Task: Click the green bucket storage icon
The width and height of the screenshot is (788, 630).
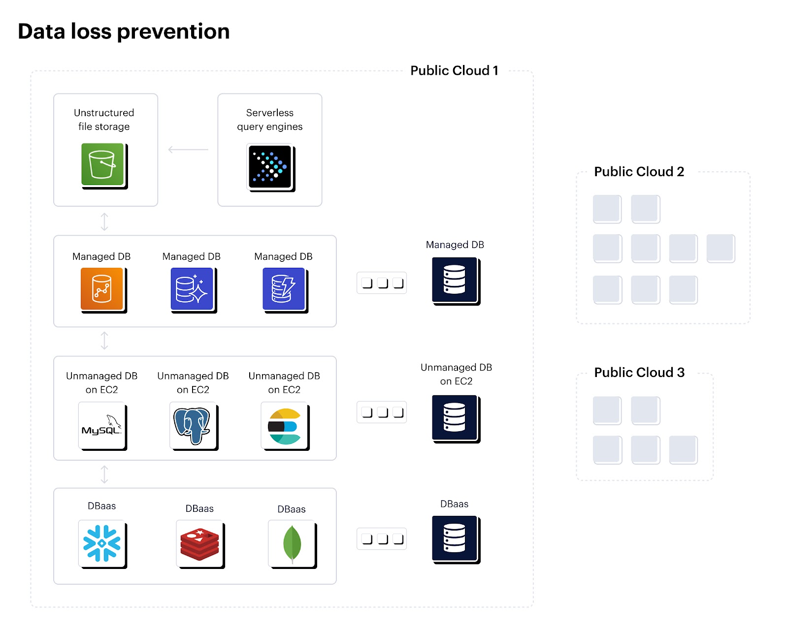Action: coord(103,164)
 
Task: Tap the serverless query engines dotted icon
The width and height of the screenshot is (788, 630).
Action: coord(269,166)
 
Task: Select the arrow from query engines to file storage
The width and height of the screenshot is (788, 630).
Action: coord(188,149)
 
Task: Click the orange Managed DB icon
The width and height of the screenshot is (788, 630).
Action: coord(102,289)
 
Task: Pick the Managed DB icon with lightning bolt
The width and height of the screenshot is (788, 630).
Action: coord(284,289)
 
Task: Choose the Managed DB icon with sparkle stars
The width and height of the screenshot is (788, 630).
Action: coord(192,289)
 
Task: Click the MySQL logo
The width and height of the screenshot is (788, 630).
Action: coord(101,425)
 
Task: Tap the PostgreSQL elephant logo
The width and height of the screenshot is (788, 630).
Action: coord(193,425)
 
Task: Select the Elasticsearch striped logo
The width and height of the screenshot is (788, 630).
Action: coord(284,425)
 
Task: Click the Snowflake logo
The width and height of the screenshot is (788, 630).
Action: coord(101,543)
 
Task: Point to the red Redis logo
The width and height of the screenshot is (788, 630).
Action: coord(199,543)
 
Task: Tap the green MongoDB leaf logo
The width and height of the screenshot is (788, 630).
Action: coord(292,543)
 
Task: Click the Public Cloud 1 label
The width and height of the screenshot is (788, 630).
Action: coord(454,71)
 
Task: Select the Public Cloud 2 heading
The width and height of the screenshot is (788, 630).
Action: coord(639,172)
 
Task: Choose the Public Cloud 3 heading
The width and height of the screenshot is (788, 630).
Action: coord(639,373)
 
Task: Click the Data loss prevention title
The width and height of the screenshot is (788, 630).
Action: coord(124,31)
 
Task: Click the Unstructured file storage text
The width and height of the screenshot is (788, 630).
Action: coord(104,120)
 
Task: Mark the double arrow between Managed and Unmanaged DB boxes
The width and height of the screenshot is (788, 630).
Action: coord(104,341)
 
